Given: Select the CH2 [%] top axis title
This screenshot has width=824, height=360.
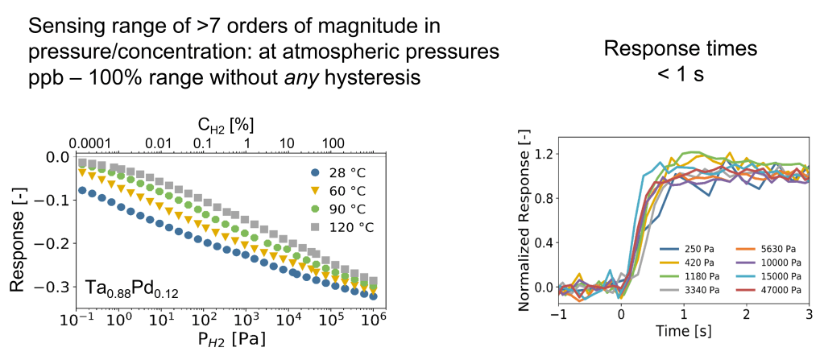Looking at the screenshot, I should click(221, 125).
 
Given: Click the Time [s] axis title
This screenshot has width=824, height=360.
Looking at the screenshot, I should click(684, 330).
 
